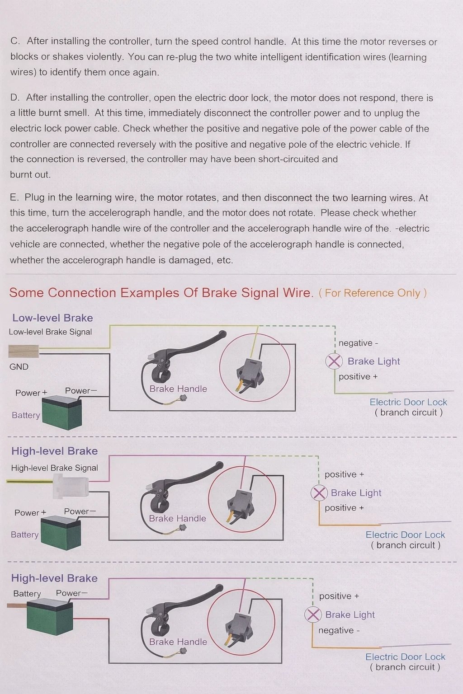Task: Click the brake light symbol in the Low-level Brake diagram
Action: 334,361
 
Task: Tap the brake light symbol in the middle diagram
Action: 319,492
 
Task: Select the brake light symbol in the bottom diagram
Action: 313,614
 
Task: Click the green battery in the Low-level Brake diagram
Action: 61,412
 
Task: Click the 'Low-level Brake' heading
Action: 52,318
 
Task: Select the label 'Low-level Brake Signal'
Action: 50,332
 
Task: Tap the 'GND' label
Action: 19,367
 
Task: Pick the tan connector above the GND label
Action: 24,351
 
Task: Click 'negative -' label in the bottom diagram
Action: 339,630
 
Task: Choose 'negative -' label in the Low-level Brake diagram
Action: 358,343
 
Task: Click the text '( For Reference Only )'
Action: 373,293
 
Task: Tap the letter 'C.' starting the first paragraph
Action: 15,41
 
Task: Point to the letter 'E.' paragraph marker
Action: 14,197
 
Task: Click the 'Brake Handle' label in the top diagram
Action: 178,389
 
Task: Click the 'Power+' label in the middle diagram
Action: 30,513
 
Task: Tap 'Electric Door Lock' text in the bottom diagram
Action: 405,657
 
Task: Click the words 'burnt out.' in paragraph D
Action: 30,175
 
